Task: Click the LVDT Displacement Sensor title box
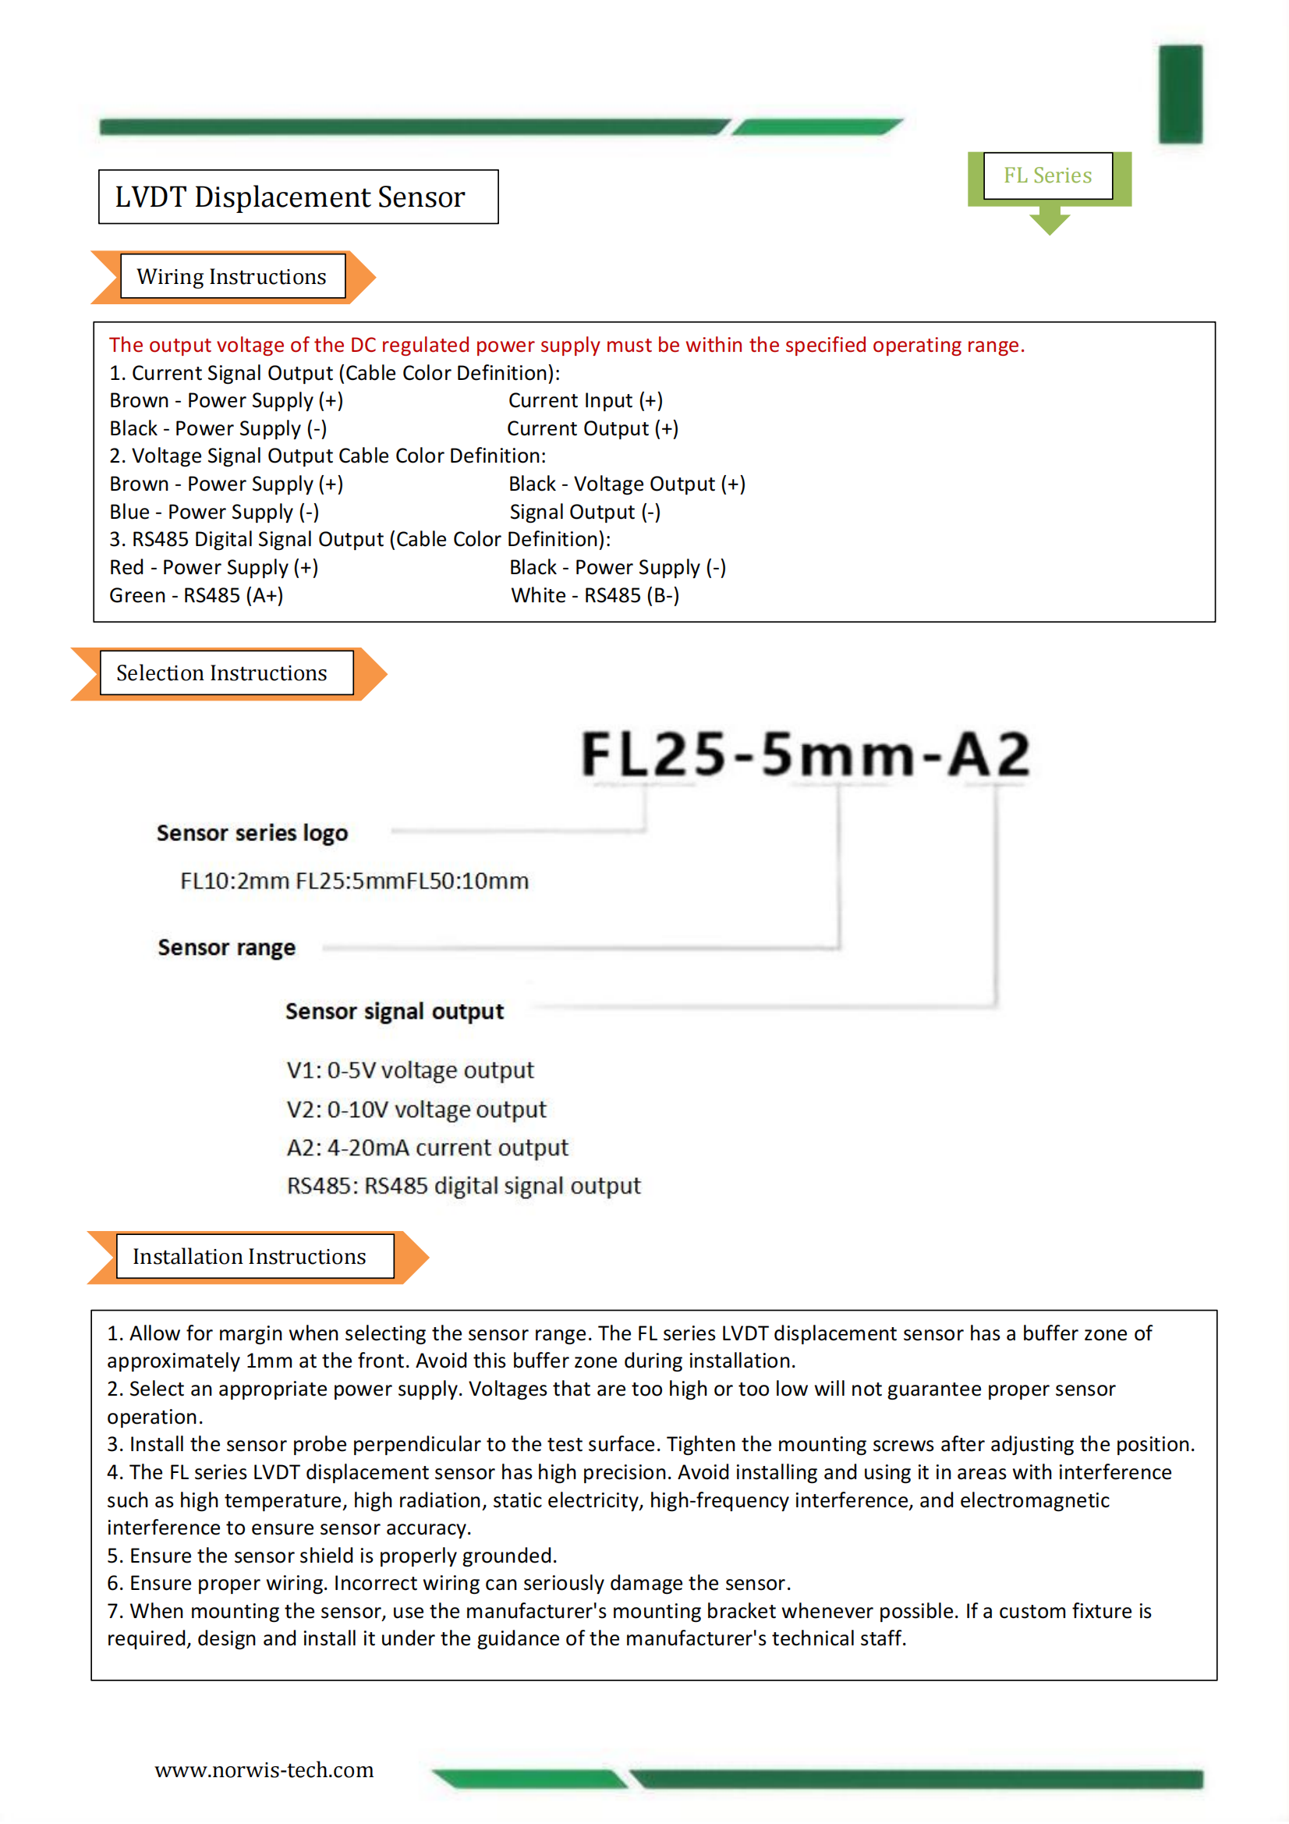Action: click(298, 197)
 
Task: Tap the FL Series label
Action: click(1046, 176)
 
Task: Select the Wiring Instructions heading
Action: click(232, 276)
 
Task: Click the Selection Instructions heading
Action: click(222, 672)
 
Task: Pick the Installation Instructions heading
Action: click(250, 1256)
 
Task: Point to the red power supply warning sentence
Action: click(566, 345)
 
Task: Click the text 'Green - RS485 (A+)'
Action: click(197, 595)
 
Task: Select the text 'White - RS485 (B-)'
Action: click(595, 595)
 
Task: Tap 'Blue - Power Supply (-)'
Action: click(214, 512)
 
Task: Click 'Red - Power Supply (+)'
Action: click(214, 567)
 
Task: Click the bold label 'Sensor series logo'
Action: click(252, 832)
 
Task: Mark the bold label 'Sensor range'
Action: click(226, 947)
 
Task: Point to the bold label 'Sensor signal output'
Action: click(394, 1010)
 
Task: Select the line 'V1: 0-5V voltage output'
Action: click(410, 1070)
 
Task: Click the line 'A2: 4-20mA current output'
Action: click(427, 1147)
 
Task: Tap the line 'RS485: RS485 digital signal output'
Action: click(463, 1185)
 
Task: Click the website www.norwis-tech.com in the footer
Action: click(264, 1769)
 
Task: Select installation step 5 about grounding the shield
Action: click(332, 1555)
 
